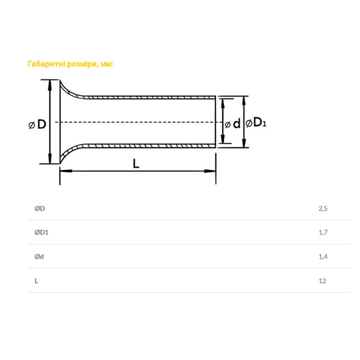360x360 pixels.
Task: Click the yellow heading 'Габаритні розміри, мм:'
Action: click(70, 64)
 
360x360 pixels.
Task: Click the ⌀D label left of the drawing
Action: click(38, 124)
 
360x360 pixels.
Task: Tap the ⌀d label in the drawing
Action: click(232, 124)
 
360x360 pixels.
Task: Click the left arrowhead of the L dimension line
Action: click(63, 171)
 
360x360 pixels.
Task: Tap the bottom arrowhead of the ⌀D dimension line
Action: click(51, 160)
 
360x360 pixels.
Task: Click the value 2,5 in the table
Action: click(322, 209)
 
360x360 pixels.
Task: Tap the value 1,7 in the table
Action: click(322, 232)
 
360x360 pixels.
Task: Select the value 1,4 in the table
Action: click(322, 256)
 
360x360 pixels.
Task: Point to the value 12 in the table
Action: click(322, 281)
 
